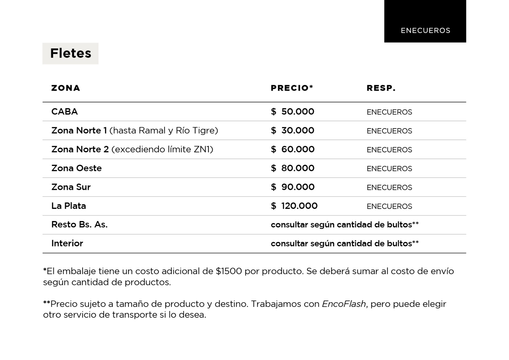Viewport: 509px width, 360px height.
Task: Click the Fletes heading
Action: tap(71, 53)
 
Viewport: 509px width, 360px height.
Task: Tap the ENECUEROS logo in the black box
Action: tap(425, 31)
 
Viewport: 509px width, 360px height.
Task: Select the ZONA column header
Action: tap(66, 88)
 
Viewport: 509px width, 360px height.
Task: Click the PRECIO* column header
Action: tap(292, 88)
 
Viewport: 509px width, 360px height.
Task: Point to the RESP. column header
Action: tap(381, 88)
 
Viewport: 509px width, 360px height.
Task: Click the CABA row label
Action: tap(64, 112)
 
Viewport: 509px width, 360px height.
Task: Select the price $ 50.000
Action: tap(292, 112)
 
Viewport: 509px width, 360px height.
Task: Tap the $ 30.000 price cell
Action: tap(292, 130)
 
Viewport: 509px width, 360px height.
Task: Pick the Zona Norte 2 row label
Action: tap(80, 149)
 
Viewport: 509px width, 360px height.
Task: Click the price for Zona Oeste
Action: tap(292, 168)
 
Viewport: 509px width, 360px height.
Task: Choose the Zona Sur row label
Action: tap(71, 187)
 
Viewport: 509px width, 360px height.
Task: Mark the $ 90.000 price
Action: tap(292, 187)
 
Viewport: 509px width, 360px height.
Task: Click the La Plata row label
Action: tap(69, 206)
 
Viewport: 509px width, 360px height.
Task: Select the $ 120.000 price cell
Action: tap(294, 206)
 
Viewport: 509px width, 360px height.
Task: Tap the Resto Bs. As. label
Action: tap(80, 225)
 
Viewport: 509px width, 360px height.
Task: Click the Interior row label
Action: tap(67, 243)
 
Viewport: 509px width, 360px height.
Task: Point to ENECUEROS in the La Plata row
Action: tap(389, 206)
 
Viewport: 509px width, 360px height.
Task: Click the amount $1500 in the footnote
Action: tap(229, 271)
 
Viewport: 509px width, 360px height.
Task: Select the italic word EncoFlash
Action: tap(344, 304)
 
